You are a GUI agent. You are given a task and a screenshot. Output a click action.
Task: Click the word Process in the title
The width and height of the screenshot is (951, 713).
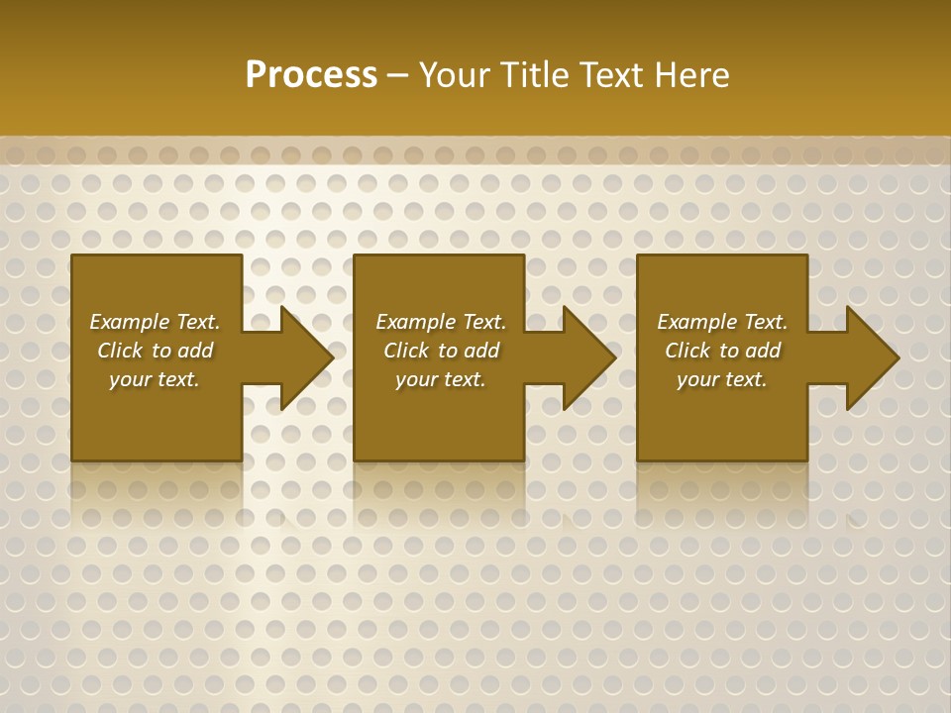(x=311, y=75)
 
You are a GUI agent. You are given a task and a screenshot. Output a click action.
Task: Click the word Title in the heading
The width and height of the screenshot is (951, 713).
(x=533, y=75)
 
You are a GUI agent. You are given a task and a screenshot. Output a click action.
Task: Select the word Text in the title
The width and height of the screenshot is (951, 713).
(x=608, y=75)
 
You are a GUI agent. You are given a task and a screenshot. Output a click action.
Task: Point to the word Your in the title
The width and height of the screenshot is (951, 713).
(x=455, y=75)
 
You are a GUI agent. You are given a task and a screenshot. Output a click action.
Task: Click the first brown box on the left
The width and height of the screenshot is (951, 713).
(x=157, y=426)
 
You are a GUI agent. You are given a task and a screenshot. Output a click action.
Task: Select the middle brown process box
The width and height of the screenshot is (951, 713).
(x=439, y=426)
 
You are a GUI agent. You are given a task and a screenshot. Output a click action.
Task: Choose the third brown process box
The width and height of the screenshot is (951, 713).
(x=721, y=426)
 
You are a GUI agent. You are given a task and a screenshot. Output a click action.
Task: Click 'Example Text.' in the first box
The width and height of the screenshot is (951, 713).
(x=155, y=322)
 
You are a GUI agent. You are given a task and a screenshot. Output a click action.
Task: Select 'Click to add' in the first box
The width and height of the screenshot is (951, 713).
(x=155, y=351)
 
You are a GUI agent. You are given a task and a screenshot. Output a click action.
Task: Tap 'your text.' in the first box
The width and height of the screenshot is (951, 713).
(x=155, y=379)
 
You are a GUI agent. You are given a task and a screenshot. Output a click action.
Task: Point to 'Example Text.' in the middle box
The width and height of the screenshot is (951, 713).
(x=441, y=322)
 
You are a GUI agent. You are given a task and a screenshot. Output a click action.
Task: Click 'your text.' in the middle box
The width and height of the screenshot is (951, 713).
(x=441, y=379)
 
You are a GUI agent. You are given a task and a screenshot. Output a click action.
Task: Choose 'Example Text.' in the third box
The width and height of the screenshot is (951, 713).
(x=722, y=322)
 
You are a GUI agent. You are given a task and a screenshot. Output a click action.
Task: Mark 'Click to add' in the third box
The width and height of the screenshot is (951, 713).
(x=722, y=351)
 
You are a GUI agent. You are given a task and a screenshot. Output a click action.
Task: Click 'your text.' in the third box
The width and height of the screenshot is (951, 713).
(x=722, y=379)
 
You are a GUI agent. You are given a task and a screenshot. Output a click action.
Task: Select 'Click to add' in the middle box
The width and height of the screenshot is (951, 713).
(x=441, y=351)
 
